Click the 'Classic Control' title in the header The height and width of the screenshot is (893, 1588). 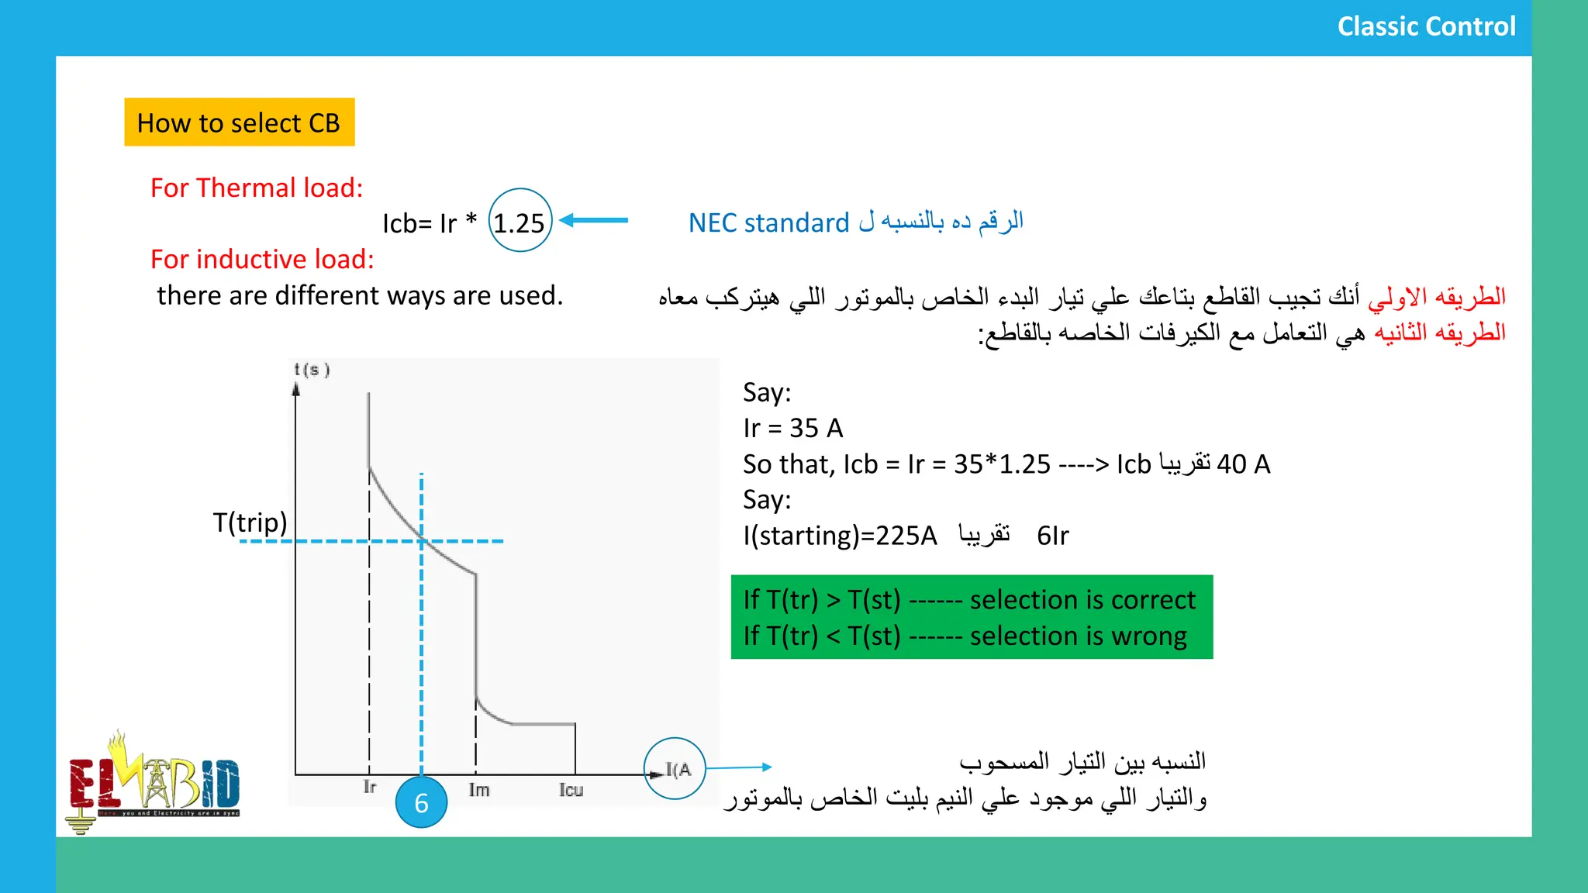pyautogui.click(x=1426, y=26)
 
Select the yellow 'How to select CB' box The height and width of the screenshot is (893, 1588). pyautogui.click(x=239, y=122)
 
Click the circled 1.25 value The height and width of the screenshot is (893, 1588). pyautogui.click(x=520, y=222)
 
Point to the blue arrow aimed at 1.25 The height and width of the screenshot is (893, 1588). pyautogui.click(x=594, y=220)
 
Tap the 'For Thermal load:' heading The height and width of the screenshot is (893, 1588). pyautogui.click(x=257, y=188)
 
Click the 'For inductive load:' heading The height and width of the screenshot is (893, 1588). pyautogui.click(x=262, y=259)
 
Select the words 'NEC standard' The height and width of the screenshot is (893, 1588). pyautogui.click(x=768, y=223)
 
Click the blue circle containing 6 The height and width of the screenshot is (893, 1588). pyautogui.click(x=421, y=803)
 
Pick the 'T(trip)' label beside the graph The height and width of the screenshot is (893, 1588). pyautogui.click(x=250, y=522)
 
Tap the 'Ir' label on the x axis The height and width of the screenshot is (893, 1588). pyautogui.click(x=370, y=788)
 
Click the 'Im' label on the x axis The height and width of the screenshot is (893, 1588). pyautogui.click(x=478, y=790)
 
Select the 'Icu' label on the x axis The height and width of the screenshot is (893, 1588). pyautogui.click(x=571, y=790)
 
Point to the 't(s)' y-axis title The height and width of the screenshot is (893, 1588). pyautogui.click(x=312, y=370)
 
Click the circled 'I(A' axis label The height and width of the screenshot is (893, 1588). pyautogui.click(x=675, y=769)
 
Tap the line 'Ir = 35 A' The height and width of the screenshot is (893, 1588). pyautogui.click(x=792, y=428)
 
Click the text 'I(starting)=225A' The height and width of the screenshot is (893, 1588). pyautogui.click(x=840, y=536)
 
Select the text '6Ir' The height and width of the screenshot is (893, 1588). pyautogui.click(x=1052, y=536)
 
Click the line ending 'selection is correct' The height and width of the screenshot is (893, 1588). pyautogui.click(x=969, y=600)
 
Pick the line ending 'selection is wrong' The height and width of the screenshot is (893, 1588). pyautogui.click(x=965, y=636)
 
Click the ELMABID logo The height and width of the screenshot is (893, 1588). pyautogui.click(x=154, y=781)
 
